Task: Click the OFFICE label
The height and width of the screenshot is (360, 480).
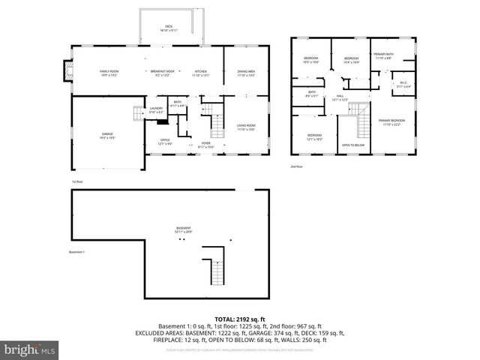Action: pyautogui.click(x=165, y=142)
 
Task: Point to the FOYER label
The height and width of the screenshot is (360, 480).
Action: pyautogui.click(x=205, y=144)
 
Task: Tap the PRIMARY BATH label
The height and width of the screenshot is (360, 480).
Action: pyautogui.click(x=383, y=56)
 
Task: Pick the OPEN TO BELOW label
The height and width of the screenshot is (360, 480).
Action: pyautogui.click(x=352, y=145)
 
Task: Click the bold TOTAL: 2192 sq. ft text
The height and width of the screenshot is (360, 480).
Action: pyautogui.click(x=239, y=319)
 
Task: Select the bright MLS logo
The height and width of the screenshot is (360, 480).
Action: pyautogui.click(x=30, y=349)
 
